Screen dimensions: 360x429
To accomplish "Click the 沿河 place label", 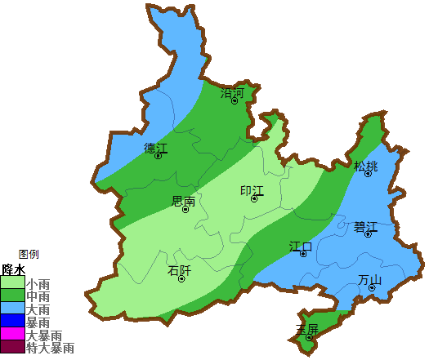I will click(233, 93).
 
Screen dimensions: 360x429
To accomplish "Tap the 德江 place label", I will click(155, 148).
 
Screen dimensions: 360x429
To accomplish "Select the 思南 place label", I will click(184, 201).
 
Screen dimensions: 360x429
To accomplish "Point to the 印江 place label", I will click(252, 190).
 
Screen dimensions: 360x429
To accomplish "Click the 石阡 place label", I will click(179, 270).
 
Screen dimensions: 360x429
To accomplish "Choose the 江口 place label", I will click(301, 246).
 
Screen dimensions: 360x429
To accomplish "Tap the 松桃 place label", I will click(366, 167).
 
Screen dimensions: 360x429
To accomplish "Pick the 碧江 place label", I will click(366, 226).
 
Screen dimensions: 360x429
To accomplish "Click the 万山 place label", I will click(370, 280).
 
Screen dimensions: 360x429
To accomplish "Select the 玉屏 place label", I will click(307, 329).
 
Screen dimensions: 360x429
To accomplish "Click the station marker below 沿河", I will click(235, 101).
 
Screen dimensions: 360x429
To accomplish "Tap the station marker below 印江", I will click(254, 198).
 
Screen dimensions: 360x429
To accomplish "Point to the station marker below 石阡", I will click(181, 278).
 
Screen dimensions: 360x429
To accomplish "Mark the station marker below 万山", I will click(372, 287).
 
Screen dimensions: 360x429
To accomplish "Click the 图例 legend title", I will click(29, 254).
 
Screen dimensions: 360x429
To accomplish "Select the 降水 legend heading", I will click(14, 269).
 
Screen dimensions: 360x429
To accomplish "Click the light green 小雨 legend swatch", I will click(13, 283).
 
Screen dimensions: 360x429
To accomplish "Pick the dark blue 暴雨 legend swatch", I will click(13, 322).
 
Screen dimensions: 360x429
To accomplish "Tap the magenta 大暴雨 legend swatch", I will click(13, 335).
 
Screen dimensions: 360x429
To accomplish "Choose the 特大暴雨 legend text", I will click(51, 348).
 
